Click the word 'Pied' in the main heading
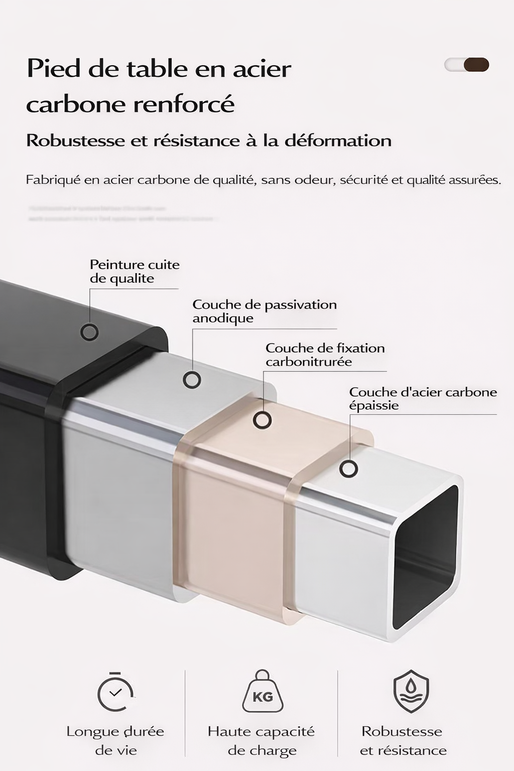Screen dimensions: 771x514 pos(55,68)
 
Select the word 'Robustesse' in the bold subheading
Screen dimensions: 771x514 pos(75,141)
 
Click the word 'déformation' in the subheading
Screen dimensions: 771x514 pos(338,141)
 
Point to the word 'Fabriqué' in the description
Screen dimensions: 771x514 pos(53,180)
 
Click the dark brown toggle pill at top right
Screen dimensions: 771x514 pos(476,65)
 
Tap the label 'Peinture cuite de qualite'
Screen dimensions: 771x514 pos(134,272)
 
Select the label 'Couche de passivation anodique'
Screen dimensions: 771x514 pos(264,311)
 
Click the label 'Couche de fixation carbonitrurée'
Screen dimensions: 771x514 pos(325,355)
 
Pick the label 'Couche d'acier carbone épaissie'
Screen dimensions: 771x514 pos(423,399)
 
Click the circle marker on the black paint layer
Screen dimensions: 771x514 pos(90,332)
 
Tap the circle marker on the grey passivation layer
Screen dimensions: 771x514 pos(192,379)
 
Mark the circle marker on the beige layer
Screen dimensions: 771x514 pos(262,420)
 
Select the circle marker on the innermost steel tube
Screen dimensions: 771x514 pos(348,469)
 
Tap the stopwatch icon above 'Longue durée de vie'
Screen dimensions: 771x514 pos(115,693)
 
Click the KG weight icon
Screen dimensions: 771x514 pos(262,693)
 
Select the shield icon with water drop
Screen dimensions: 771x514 pos(411,692)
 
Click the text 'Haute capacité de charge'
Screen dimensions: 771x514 pos(261,741)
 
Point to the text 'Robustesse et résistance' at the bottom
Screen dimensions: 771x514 pos(403,741)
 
